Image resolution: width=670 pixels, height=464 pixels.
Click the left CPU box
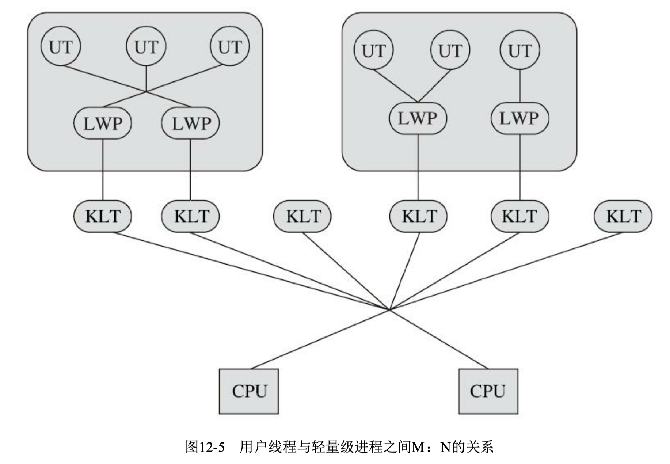248,391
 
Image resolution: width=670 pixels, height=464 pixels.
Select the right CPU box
488,391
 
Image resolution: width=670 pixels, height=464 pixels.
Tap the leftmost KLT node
103,216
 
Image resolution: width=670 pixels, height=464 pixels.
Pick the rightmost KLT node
623,216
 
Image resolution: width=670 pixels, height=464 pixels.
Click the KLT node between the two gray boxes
302,216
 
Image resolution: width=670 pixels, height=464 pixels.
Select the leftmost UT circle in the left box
61,46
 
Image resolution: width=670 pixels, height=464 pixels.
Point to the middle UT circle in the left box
146,46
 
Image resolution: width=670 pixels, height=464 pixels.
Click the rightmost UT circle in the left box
230,46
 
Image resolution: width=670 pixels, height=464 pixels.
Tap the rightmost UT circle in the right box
520,50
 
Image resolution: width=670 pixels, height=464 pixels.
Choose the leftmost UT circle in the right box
374,50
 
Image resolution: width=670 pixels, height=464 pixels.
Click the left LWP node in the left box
103,123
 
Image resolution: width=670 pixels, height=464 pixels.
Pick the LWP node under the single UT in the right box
520,118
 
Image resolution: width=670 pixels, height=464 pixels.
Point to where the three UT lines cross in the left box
146,91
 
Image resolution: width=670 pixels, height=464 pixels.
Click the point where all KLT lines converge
390,310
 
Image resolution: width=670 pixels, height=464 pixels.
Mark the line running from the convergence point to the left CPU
320,339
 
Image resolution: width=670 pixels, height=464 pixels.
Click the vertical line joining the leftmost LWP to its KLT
103,170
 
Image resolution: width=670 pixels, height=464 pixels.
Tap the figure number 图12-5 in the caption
205,446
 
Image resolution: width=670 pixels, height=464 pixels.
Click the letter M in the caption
417,447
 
